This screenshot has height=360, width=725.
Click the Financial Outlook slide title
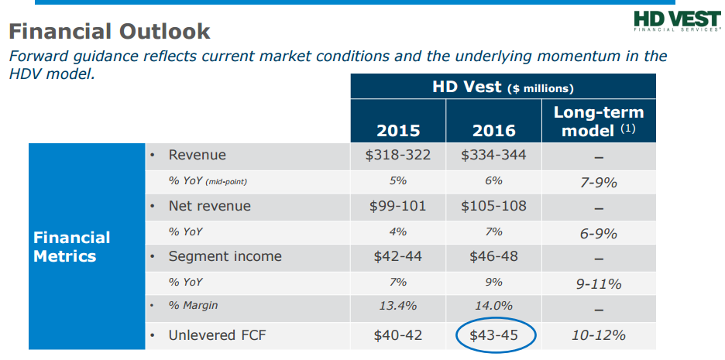tap(108, 32)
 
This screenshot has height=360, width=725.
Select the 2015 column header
tap(398, 129)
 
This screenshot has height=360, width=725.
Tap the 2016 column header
tap(493, 129)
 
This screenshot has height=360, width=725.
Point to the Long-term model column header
tap(599, 121)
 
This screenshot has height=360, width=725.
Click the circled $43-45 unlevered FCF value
tap(493, 335)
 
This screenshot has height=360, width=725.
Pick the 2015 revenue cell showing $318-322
tap(398, 155)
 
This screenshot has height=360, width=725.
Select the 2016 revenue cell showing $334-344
tap(493, 155)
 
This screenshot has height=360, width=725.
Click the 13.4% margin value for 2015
tap(398, 307)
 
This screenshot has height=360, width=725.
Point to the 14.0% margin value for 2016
tap(493, 307)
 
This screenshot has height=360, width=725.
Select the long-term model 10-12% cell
tap(599, 335)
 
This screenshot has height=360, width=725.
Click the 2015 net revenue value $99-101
tap(398, 206)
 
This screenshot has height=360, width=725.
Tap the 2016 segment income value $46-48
tap(493, 256)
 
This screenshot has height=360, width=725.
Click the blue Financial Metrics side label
tap(72, 246)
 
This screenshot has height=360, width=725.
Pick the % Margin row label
tap(193, 307)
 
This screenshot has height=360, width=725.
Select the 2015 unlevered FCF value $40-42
tap(398, 335)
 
